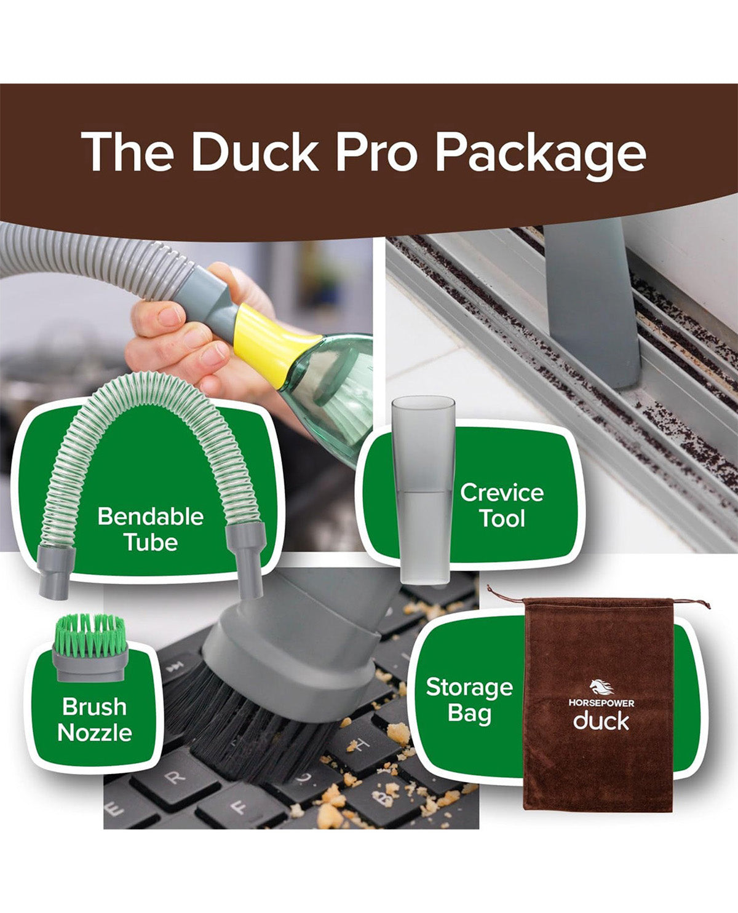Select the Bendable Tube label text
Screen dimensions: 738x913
[151, 529]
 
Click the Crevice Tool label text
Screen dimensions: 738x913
[502, 505]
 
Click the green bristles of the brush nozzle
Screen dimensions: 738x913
[90, 635]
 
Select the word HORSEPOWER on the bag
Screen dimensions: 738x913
[601, 703]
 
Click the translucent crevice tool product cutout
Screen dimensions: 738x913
[424, 489]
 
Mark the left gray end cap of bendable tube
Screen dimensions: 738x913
[56, 572]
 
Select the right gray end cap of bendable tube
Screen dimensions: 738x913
[246, 560]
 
